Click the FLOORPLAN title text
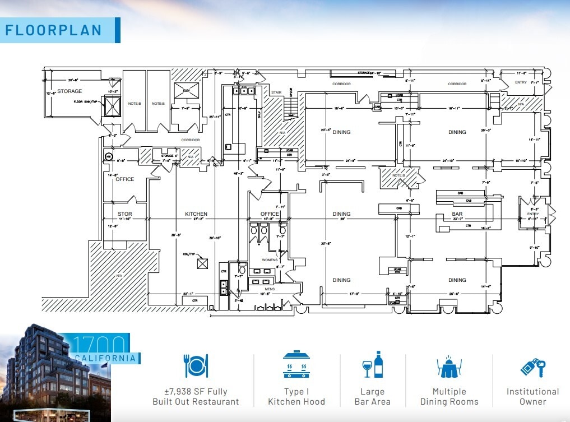point(54,30)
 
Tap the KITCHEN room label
point(196,214)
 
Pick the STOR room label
point(124,214)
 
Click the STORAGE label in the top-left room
point(69,91)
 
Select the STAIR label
point(276,92)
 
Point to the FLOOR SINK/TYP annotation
point(86,102)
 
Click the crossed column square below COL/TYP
point(202,263)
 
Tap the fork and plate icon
point(196,365)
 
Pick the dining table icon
point(449,365)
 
